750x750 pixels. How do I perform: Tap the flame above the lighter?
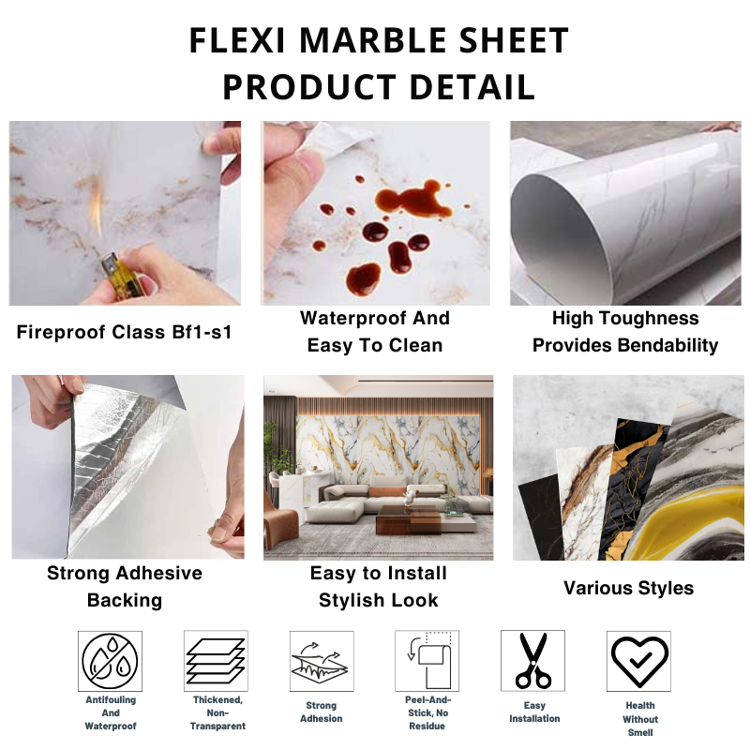click(97, 206)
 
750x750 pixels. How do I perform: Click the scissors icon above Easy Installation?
click(532, 661)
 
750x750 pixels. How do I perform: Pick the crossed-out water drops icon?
click(110, 661)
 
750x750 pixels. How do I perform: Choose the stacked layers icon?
click(216, 661)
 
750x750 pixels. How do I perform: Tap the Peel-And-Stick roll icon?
click(428, 660)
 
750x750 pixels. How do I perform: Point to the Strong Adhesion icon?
click(321, 661)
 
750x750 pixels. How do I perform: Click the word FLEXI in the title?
click(237, 40)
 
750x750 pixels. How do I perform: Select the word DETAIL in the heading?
click(472, 87)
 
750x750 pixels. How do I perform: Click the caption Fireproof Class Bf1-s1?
click(124, 332)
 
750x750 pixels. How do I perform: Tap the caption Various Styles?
click(628, 588)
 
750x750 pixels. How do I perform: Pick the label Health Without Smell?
click(640, 719)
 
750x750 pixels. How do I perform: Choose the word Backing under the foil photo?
click(125, 600)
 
